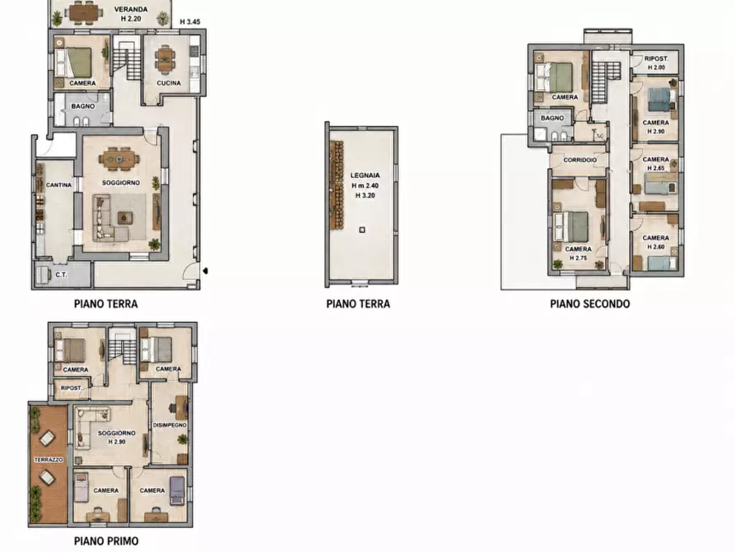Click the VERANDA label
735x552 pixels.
coord(131,9)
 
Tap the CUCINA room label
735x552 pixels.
coord(169,83)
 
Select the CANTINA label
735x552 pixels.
coord(58,185)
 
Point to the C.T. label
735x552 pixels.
coord(61,274)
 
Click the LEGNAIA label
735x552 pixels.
coord(365,175)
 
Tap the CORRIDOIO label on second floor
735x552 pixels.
coord(579,160)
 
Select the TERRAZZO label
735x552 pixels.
coord(49,460)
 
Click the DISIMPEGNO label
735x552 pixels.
coord(170,425)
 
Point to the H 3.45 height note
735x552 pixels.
coord(190,21)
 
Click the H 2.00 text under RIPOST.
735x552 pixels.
coord(656,68)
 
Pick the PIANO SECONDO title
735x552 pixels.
coord(589,304)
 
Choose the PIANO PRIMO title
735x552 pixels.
coord(106,541)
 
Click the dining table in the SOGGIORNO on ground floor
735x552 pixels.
coord(119,158)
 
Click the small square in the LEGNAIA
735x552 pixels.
coord(362,230)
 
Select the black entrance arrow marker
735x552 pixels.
coord(205,271)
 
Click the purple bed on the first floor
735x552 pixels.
coord(177,490)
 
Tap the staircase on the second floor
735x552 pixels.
coord(599,82)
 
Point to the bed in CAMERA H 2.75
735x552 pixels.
coord(571,227)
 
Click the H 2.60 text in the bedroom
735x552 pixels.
coord(656,247)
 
